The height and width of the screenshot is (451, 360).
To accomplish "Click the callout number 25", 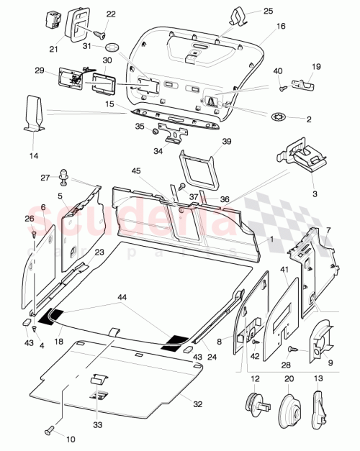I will point(248,12).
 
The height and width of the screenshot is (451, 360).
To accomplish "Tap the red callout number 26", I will point(30,219).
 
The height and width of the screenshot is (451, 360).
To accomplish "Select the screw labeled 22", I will point(99,33).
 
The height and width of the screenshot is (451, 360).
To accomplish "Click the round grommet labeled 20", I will point(288,404).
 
